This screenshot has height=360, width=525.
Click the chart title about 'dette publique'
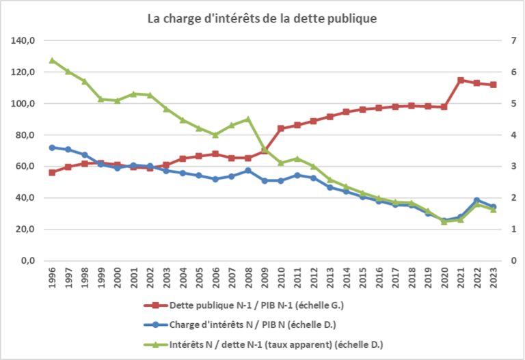(262, 18)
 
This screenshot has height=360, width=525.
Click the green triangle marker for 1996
(52, 60)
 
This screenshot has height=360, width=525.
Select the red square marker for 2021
(461, 81)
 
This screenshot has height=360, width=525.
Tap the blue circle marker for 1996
(52, 148)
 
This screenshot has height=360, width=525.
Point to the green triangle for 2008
(248, 119)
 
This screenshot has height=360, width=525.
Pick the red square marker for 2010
(280, 128)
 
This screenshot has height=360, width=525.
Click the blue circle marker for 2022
(477, 200)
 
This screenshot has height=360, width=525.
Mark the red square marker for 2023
(493, 85)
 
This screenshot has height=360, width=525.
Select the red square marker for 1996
(52, 172)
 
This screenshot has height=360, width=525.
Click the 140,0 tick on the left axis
(23, 41)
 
